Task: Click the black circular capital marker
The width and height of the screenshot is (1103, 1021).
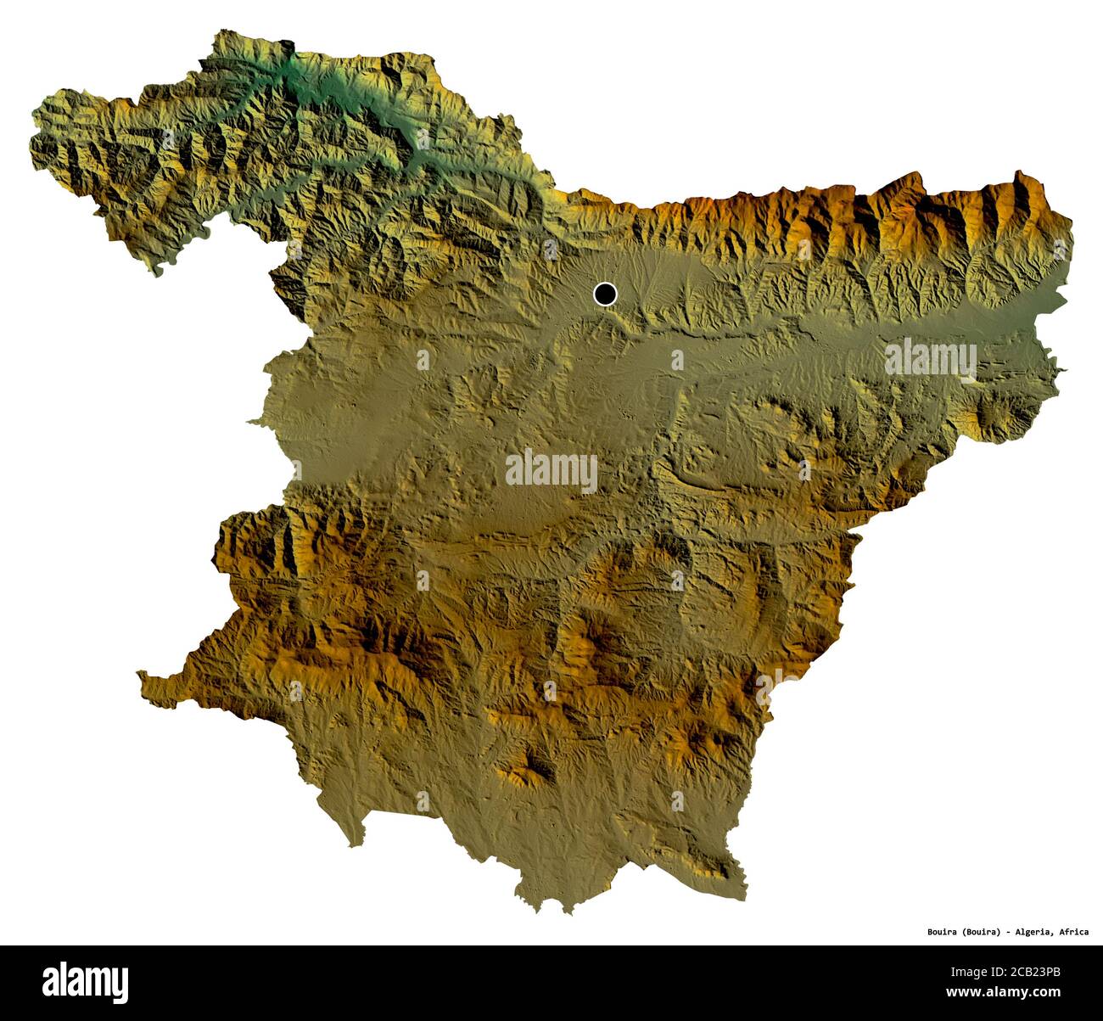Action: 604,294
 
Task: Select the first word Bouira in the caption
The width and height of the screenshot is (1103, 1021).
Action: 943,931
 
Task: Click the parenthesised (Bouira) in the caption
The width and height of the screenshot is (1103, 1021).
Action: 982,931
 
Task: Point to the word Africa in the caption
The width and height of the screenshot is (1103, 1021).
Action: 1073,931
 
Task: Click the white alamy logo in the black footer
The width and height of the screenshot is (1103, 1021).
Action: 86,982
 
